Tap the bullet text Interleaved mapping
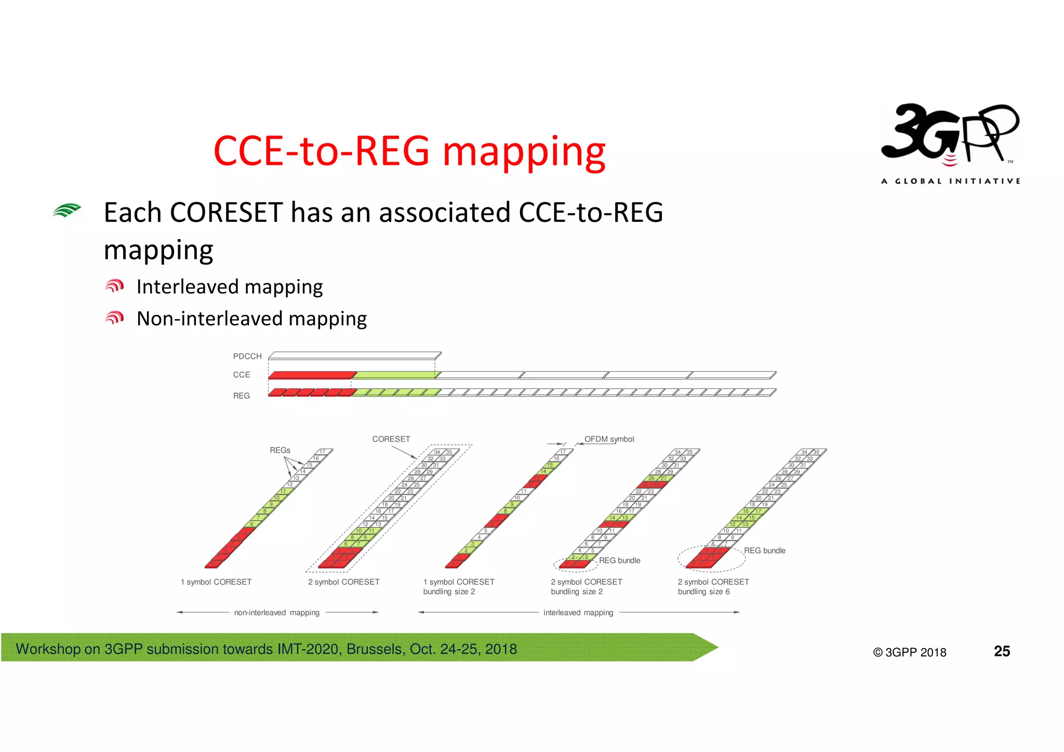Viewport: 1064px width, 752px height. click(x=229, y=287)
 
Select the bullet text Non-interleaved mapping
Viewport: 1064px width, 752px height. click(x=251, y=319)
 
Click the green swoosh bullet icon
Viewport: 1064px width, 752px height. click(x=67, y=210)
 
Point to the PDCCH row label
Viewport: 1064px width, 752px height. click(x=247, y=357)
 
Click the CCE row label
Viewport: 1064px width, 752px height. click(x=242, y=375)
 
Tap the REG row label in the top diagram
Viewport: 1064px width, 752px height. click(x=242, y=396)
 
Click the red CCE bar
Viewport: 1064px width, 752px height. click(x=312, y=375)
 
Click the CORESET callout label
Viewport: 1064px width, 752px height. click(x=391, y=439)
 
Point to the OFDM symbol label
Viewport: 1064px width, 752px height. click(x=609, y=439)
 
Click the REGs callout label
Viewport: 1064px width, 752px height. click(x=280, y=450)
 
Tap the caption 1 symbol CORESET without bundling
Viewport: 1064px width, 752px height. click(x=216, y=582)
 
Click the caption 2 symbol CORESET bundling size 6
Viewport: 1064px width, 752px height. click(x=713, y=587)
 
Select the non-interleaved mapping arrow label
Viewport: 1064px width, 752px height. click(x=277, y=613)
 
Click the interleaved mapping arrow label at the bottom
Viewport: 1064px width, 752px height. click(x=578, y=613)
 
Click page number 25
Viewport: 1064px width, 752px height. click(x=1002, y=651)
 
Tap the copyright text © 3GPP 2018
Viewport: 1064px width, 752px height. click(x=910, y=653)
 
